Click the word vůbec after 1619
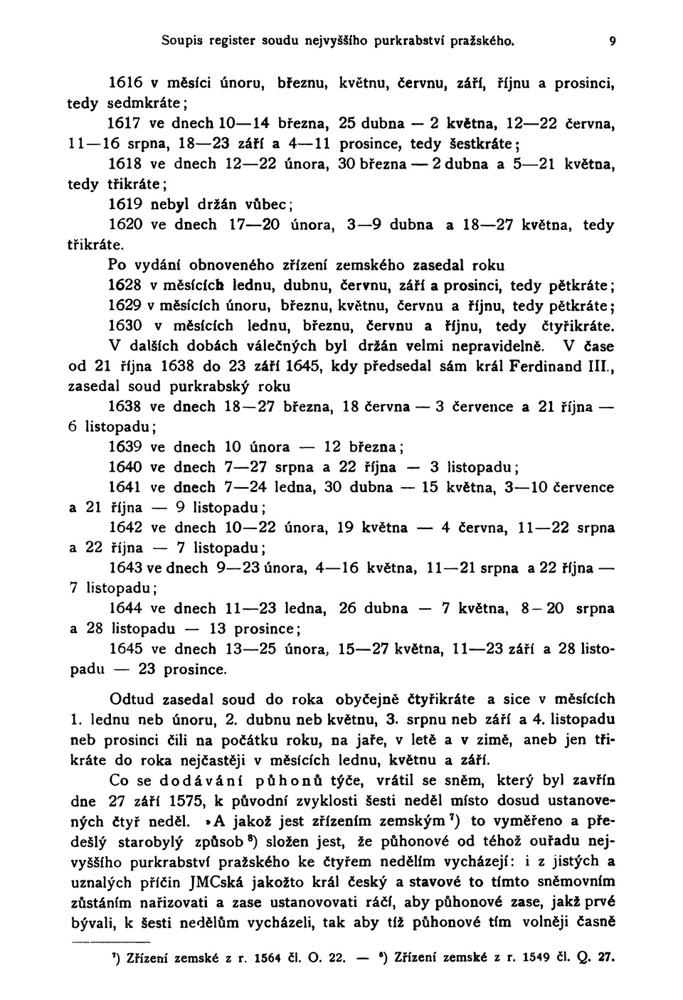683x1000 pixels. pyautogui.click(x=271, y=204)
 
